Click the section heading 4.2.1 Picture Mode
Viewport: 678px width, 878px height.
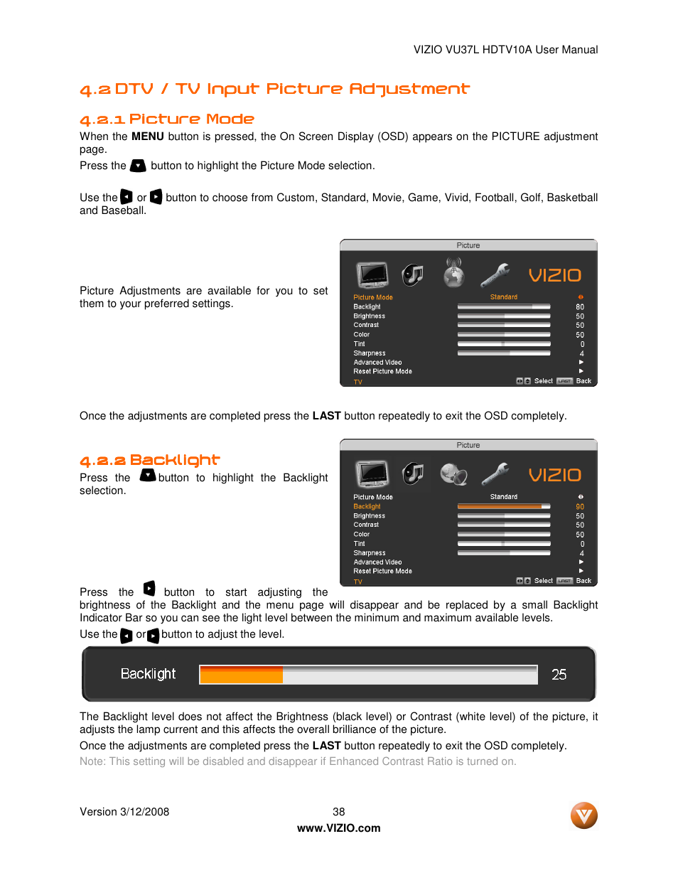click(x=167, y=119)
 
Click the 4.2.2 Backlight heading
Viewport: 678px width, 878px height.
click(x=150, y=460)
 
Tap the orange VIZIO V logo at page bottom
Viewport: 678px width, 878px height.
click(x=583, y=815)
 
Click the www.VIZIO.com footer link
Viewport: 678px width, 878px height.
click(x=338, y=828)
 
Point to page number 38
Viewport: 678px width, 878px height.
click(x=338, y=812)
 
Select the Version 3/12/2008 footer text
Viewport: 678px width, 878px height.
click(x=124, y=812)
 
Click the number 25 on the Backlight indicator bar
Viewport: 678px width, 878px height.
click(x=559, y=675)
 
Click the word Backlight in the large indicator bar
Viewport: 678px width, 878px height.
click(x=148, y=674)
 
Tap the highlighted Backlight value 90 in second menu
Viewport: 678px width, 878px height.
click(x=580, y=507)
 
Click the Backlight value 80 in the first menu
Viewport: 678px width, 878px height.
click(x=580, y=307)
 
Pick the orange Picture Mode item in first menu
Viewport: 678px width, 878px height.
click(x=372, y=297)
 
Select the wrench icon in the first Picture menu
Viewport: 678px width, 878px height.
click(x=495, y=274)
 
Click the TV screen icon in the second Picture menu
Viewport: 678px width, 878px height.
click(x=372, y=473)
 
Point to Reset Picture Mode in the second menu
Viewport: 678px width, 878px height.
click(x=382, y=571)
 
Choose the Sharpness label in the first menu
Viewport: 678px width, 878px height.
click(x=370, y=353)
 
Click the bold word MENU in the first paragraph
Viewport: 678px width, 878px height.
click(x=148, y=136)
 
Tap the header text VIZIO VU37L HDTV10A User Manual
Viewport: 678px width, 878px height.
click(x=505, y=50)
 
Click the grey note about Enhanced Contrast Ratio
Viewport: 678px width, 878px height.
click(x=298, y=761)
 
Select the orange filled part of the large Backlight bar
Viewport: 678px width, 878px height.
click(x=241, y=675)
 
